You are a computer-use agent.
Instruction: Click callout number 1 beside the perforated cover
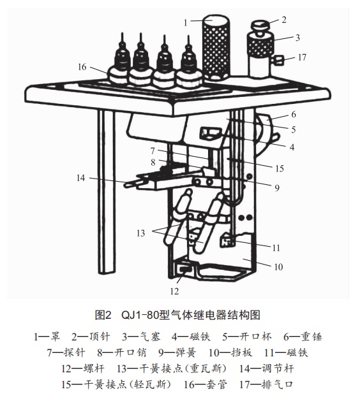pyautogui.click(x=185, y=23)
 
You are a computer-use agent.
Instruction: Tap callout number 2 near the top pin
pyautogui.click(x=284, y=20)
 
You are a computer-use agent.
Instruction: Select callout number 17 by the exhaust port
pyautogui.click(x=302, y=57)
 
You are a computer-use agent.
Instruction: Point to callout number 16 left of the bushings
pyautogui.click(x=82, y=67)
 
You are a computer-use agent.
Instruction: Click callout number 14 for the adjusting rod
pyautogui.click(x=81, y=178)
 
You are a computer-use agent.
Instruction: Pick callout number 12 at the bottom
pyautogui.click(x=174, y=291)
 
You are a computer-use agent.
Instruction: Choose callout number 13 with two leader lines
pyautogui.click(x=140, y=233)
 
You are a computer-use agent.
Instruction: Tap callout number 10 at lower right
pyautogui.click(x=278, y=266)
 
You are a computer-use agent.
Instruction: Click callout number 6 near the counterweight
pyautogui.click(x=294, y=115)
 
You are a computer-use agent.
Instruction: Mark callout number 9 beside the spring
pyautogui.click(x=277, y=187)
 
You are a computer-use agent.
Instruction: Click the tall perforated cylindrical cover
pyautogui.click(x=216, y=47)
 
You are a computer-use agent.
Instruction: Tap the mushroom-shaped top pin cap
pyautogui.click(x=260, y=26)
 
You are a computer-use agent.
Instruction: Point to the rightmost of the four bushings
pyautogui.click(x=188, y=64)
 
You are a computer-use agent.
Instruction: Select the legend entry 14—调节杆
pyautogui.click(x=266, y=369)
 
